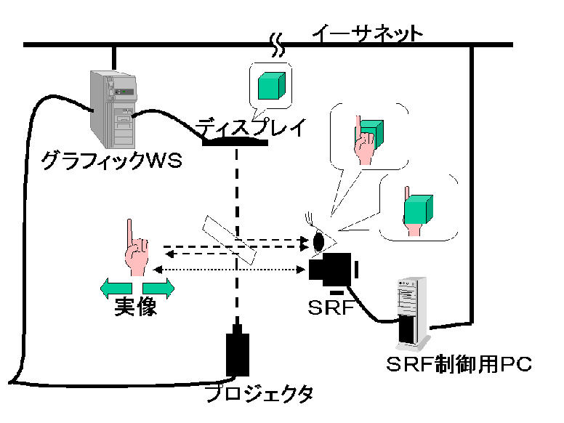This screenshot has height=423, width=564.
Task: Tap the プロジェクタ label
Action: (x=259, y=395)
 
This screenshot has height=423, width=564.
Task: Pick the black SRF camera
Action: (x=331, y=269)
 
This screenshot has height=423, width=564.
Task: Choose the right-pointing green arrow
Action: (x=160, y=288)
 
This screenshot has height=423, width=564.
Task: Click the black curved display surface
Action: (x=235, y=141)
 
